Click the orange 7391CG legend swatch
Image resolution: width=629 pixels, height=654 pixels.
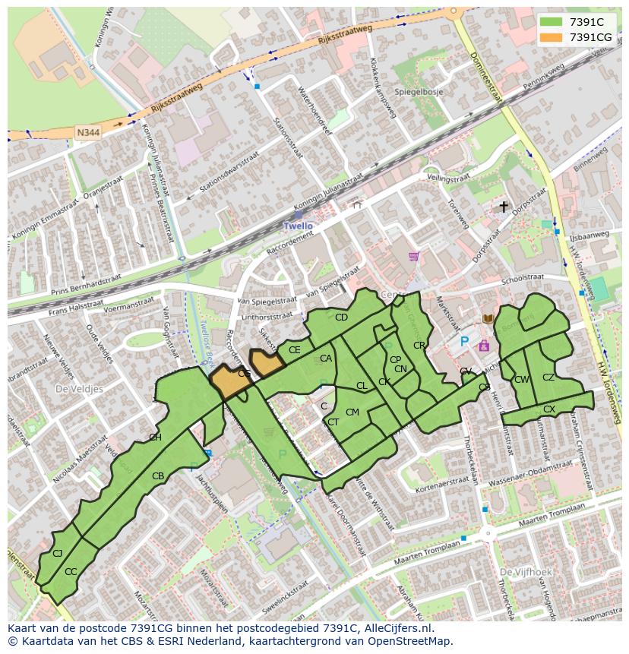coord(552,37)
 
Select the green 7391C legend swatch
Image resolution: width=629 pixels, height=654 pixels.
coord(552,22)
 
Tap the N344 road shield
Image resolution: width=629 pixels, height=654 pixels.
coord(88,132)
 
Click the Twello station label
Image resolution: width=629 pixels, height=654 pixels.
coord(298,226)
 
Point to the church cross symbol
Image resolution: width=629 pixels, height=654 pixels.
coord(503,206)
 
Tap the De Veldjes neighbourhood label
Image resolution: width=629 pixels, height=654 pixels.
coord(79,388)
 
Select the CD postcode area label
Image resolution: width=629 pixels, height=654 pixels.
coord(341,318)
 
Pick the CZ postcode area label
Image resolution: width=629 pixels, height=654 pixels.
coord(548,378)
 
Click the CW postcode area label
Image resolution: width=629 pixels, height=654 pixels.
coord(521,380)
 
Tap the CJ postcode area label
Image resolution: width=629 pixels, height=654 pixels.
coord(57,553)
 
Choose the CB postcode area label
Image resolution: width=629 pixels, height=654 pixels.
coord(158,476)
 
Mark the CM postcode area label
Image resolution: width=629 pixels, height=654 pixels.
coord(352,412)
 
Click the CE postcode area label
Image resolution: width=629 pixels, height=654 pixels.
coord(295,350)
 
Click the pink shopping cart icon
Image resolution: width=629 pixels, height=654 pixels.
coord(413,256)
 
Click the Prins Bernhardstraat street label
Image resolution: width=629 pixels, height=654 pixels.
coord(86,284)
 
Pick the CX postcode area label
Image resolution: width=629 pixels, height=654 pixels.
coord(548,409)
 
